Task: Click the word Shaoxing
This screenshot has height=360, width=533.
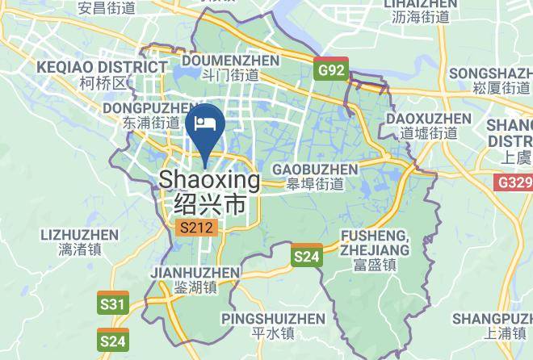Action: click(x=210, y=179)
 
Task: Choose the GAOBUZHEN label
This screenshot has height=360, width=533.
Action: click(x=315, y=169)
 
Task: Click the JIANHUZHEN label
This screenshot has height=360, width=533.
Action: click(x=195, y=273)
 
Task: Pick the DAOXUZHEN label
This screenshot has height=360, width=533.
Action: click(x=429, y=119)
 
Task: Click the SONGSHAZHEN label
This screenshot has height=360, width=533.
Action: click(x=493, y=73)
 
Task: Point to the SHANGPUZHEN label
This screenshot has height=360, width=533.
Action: click(x=493, y=317)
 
